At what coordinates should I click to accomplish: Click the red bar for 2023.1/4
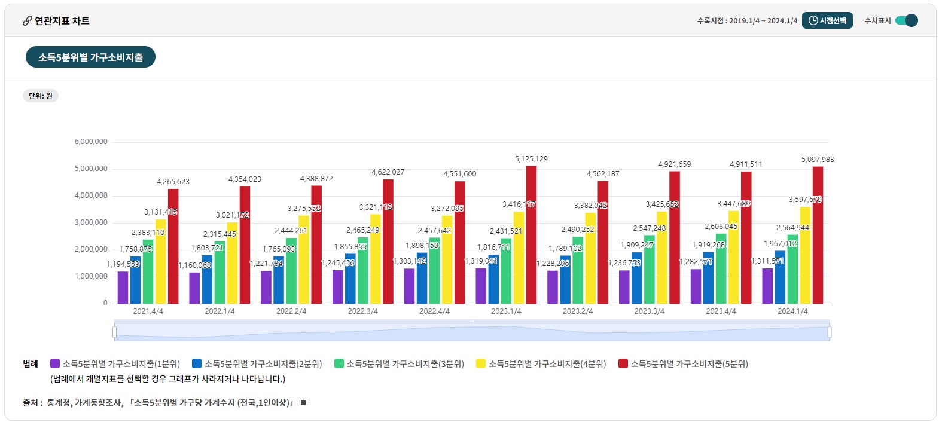coord(531,234)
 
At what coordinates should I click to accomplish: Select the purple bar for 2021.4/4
coord(123,288)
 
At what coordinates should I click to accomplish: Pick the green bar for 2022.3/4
coord(363,270)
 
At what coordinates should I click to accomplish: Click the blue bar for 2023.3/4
coord(637,278)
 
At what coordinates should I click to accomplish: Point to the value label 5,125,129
coord(531,159)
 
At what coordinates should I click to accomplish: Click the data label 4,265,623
coord(173,182)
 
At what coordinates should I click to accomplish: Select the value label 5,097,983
coord(818,160)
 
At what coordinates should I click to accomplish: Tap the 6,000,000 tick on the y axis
coord(91,142)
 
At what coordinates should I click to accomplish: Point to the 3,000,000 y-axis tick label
coord(91,222)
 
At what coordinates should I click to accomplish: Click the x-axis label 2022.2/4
coord(291,311)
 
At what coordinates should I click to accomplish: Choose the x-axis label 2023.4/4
coord(721,311)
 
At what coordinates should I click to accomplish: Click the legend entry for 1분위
coord(115,363)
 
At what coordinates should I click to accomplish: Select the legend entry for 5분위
coord(683,363)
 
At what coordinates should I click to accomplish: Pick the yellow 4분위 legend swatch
coord(481,363)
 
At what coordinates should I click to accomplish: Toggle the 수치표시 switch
coord(907,21)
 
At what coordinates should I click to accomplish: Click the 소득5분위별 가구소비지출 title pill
coord(90,57)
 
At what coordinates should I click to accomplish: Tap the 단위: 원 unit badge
coord(41,96)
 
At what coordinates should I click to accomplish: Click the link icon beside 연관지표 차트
coord(27,21)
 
